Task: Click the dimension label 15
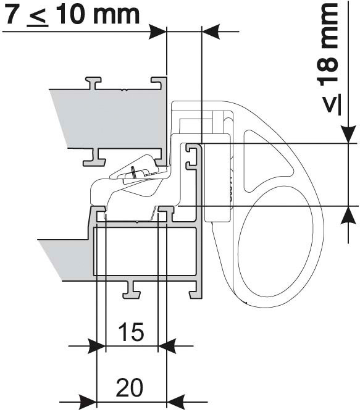tap(131, 332)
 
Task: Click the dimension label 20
tap(130, 387)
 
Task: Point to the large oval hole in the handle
tap(275, 242)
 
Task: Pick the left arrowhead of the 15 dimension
tap(97, 346)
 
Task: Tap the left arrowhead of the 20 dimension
tap(88, 401)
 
